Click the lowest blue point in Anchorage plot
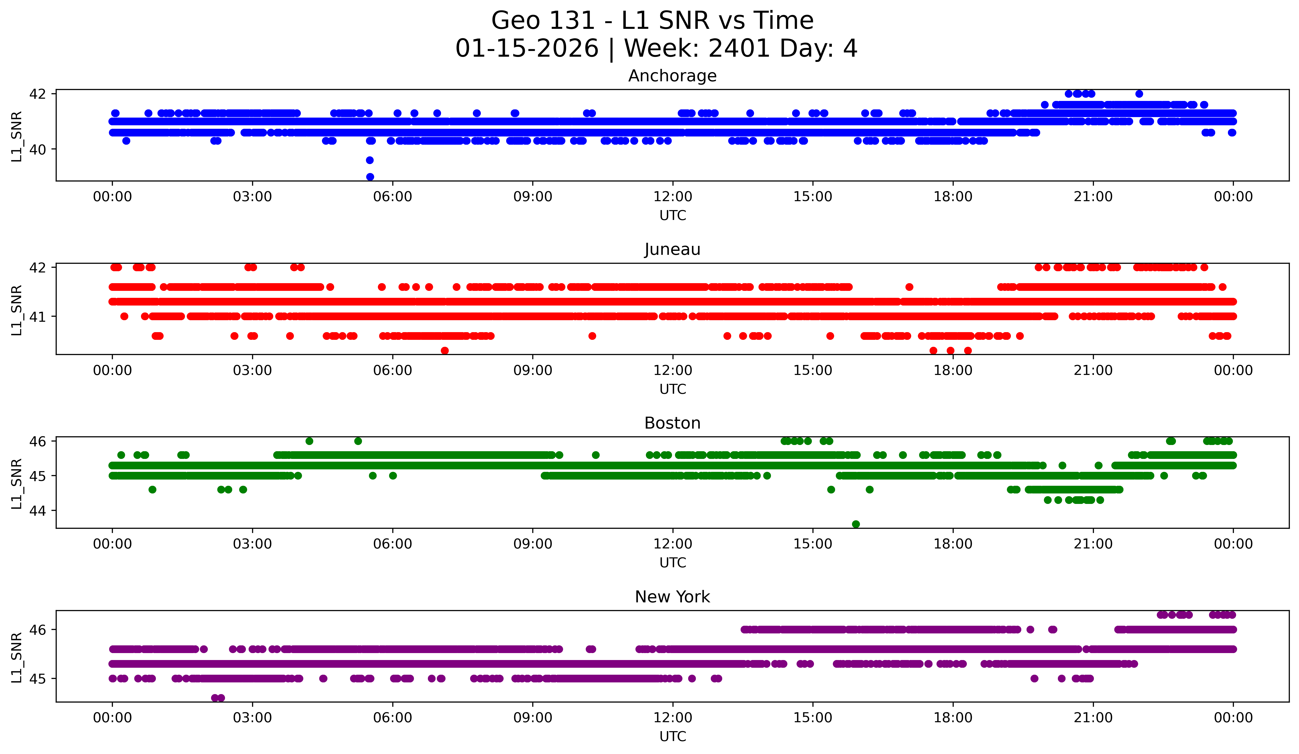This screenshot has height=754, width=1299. [370, 177]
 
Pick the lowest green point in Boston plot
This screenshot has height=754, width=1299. [856, 524]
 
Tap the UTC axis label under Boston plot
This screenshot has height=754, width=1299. [672, 563]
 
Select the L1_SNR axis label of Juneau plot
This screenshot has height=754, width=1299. [16, 310]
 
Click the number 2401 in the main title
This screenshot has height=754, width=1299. [739, 48]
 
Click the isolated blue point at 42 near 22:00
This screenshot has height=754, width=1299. [1139, 94]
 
